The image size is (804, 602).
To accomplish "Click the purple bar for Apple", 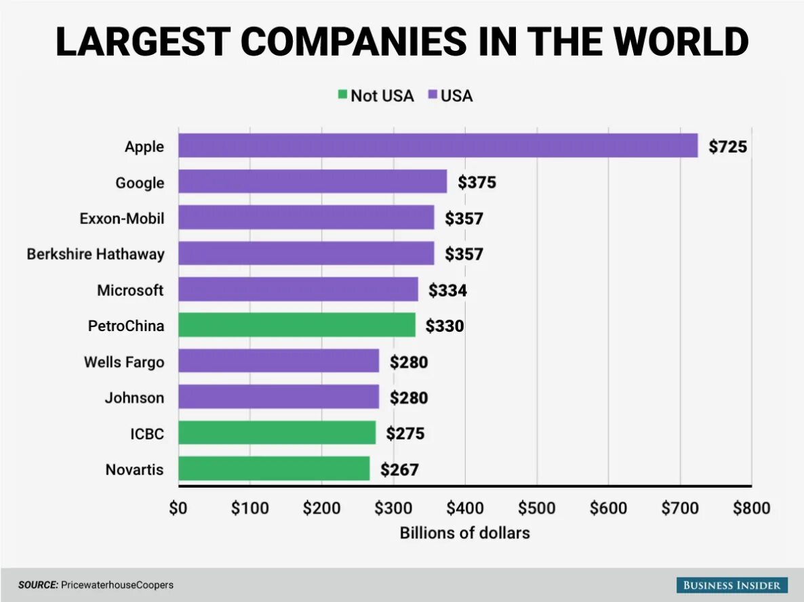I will click(x=438, y=146).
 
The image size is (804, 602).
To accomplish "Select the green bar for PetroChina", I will click(x=297, y=325).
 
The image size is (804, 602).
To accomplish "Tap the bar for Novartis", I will click(x=274, y=469).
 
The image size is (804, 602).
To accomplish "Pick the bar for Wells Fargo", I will click(x=279, y=361).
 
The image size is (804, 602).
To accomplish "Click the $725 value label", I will click(x=727, y=146).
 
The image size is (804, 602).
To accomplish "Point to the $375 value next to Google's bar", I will click(x=477, y=182).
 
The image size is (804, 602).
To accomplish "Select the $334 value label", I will click(x=447, y=290).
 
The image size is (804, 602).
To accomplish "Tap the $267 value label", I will click(x=399, y=469).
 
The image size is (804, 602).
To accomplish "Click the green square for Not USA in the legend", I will click(x=343, y=95).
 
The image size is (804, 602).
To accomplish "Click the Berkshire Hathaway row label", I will click(x=96, y=254).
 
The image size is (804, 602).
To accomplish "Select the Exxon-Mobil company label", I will click(x=122, y=218).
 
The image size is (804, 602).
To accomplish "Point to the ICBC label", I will click(x=147, y=433).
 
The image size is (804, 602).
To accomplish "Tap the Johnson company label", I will click(x=134, y=397).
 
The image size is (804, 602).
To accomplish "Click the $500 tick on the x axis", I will click(x=536, y=508).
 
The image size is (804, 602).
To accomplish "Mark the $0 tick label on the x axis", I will click(x=178, y=508).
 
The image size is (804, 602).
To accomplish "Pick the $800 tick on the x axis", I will click(x=751, y=508).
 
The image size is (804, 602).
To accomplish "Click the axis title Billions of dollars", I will click(x=464, y=533).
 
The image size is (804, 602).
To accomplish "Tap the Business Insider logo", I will click(x=731, y=585).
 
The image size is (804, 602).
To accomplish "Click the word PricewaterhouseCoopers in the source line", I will click(x=117, y=584).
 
